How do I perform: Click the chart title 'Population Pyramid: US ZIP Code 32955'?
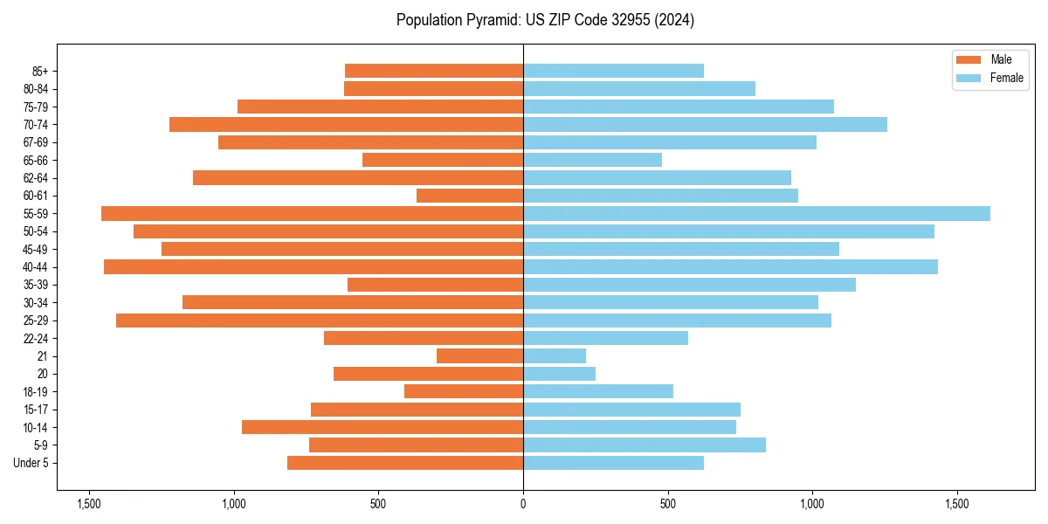coord(545,20)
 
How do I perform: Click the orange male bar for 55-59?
coord(312,214)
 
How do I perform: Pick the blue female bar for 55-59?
coord(756,214)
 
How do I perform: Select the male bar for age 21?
coord(479,356)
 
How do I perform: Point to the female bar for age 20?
coord(559,374)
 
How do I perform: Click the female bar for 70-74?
coord(705,125)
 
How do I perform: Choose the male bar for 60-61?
coord(470,196)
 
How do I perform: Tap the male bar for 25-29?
coord(320,321)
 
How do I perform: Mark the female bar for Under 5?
coord(613,463)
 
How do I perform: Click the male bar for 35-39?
coord(435,285)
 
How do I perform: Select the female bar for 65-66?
coord(592,160)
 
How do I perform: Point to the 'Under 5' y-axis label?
coord(31,463)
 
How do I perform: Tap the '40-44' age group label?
coord(34,267)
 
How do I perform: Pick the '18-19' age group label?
coord(34,392)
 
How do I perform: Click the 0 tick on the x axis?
coord(523,504)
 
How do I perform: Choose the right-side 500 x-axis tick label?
coord(668,504)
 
